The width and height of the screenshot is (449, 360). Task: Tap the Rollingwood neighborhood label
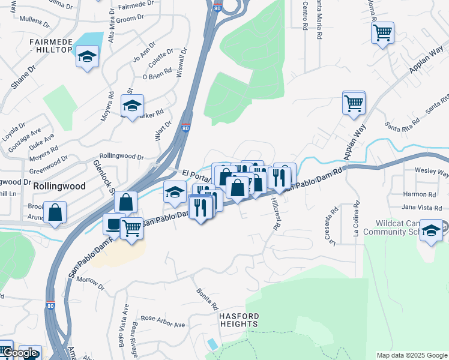(59, 186)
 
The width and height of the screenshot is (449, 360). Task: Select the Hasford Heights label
(239, 320)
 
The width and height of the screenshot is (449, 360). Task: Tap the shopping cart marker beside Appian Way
(354, 102)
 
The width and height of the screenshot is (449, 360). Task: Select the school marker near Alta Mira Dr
(88, 58)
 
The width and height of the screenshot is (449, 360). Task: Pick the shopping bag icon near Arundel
(55, 212)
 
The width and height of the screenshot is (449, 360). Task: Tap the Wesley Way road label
(432, 173)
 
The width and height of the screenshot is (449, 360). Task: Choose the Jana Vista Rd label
(419, 207)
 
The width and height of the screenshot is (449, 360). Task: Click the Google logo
(21, 353)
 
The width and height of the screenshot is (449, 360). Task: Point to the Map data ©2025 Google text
(411, 355)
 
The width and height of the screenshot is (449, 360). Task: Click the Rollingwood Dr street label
(122, 156)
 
